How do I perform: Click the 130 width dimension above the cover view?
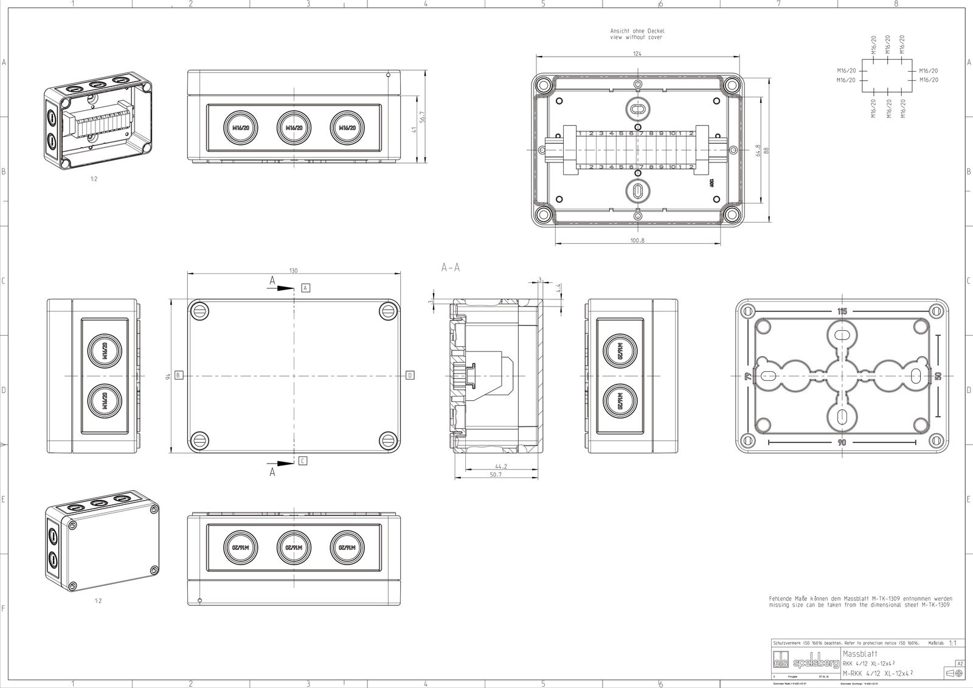point(294,271)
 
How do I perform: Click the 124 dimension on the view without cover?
point(637,54)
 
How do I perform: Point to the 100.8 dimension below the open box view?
point(637,241)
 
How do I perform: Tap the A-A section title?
point(451,268)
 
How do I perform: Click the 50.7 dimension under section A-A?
point(496,474)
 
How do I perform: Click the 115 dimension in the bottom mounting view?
point(842,311)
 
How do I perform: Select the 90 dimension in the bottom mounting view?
point(842,443)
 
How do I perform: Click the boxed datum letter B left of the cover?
point(178,375)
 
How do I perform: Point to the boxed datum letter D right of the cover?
point(410,375)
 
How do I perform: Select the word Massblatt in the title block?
point(856,653)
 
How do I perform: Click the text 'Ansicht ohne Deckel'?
point(637,31)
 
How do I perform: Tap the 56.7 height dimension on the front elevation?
point(422,116)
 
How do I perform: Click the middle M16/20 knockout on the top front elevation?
point(294,127)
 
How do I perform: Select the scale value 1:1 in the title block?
point(953,643)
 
